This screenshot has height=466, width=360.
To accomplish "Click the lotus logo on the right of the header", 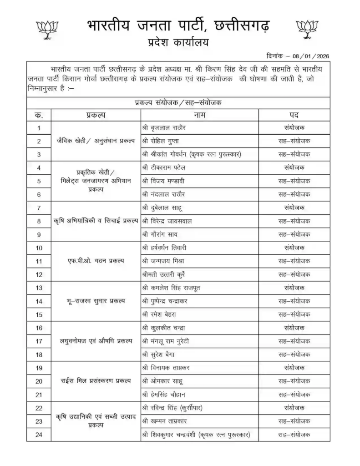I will [x=308, y=30].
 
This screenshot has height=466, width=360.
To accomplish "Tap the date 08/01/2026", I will [x=314, y=56].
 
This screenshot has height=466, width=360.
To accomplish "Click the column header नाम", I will [x=200, y=115].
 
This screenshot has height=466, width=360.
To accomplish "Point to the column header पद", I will [x=294, y=115].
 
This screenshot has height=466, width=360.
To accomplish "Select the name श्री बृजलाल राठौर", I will [x=164, y=128].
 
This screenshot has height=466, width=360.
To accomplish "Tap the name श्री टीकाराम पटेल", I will [x=164, y=167].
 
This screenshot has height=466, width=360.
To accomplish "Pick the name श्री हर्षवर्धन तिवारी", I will [x=164, y=248].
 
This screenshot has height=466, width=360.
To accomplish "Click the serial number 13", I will [x=39, y=288].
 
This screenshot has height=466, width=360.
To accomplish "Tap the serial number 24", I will [x=39, y=435].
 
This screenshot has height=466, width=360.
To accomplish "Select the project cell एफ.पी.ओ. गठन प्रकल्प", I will [x=96, y=261].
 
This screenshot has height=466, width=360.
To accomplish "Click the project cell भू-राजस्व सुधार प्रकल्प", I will [x=96, y=301].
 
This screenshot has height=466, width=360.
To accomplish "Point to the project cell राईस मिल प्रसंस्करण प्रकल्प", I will [x=96, y=381].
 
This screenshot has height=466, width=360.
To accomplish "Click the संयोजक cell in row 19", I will [x=294, y=368].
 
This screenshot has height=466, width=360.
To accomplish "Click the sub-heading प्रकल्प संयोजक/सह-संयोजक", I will [x=178, y=103].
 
